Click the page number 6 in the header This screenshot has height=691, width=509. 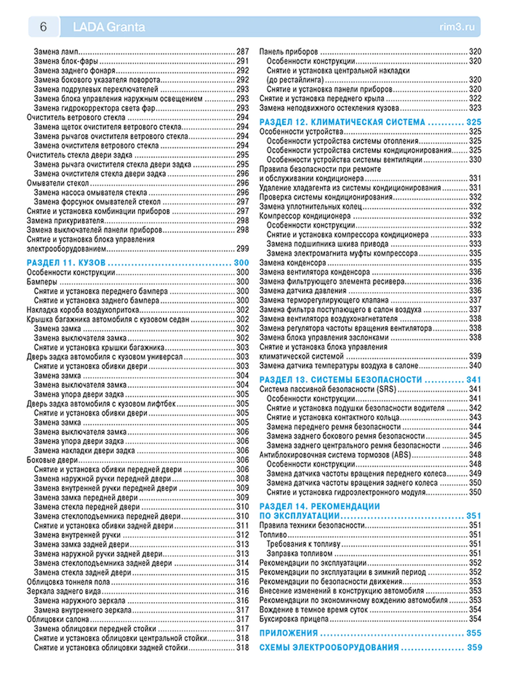43,27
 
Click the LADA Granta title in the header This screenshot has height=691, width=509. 109,27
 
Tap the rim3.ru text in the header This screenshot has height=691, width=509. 457,27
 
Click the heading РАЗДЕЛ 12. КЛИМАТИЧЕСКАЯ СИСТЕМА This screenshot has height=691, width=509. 342,122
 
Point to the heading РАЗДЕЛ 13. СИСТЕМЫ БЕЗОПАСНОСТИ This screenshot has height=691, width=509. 341,380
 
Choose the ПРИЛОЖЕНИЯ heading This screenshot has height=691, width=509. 289,633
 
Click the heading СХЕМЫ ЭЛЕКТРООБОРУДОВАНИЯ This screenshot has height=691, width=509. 329,647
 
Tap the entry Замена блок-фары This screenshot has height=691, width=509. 66,61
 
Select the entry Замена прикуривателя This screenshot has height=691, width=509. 65,221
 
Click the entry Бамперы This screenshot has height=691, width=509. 42,282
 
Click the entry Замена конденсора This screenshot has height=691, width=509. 292,262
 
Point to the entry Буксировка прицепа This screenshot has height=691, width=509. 294,619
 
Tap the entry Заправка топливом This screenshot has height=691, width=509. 300,553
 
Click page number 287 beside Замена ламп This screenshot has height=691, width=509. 242,52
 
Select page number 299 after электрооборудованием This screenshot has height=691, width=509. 242,249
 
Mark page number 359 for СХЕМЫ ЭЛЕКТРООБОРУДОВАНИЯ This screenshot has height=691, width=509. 474,647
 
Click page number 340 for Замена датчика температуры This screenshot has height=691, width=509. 475,365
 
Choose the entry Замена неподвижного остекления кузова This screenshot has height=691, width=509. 329,108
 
